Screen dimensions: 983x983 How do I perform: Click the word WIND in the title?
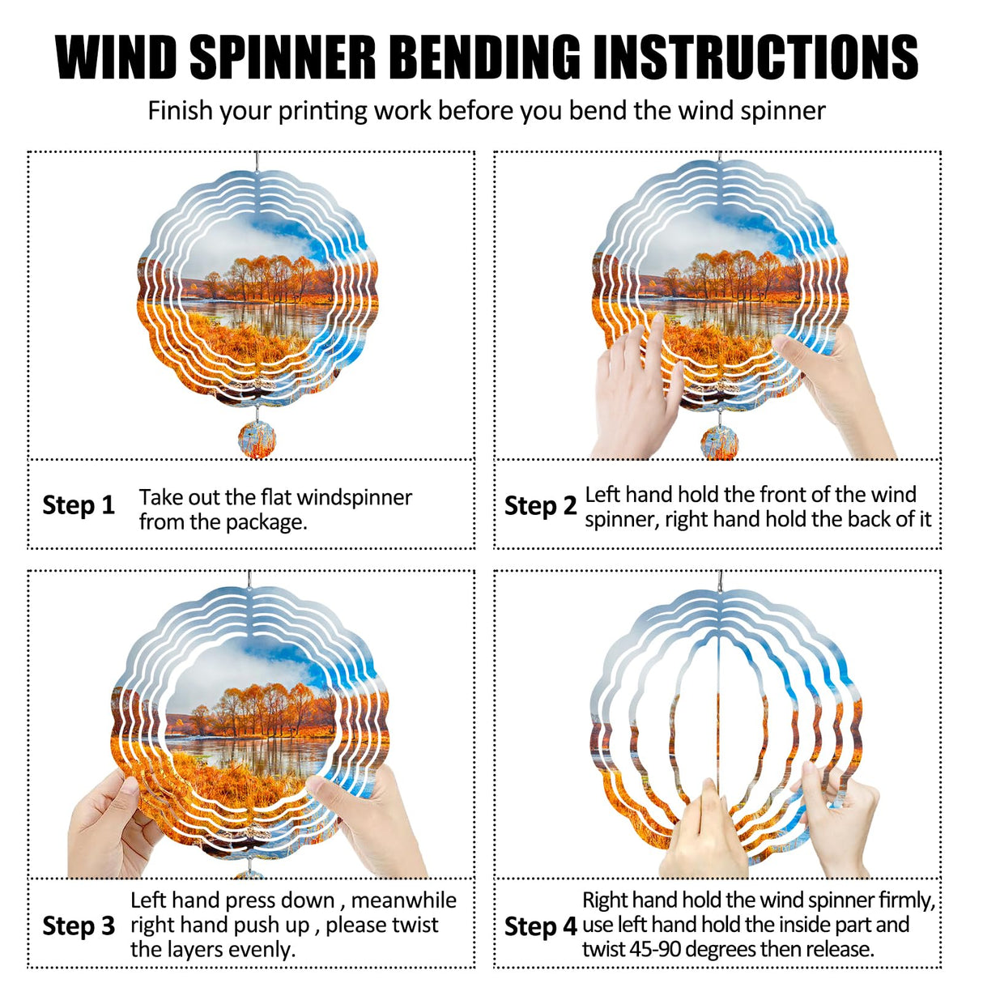[x=117, y=57]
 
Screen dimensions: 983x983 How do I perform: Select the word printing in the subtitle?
[x=323, y=111]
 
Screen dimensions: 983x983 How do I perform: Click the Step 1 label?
[x=79, y=505]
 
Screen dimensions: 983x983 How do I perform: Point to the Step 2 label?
[x=540, y=506]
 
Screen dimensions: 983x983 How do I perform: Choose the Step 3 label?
[x=79, y=926]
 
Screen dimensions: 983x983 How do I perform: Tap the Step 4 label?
[x=540, y=926]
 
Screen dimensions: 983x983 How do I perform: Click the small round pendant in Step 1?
[x=257, y=440]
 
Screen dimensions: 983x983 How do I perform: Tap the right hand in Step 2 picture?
[x=834, y=389]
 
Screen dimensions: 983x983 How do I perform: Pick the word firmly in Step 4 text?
[x=905, y=900]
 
